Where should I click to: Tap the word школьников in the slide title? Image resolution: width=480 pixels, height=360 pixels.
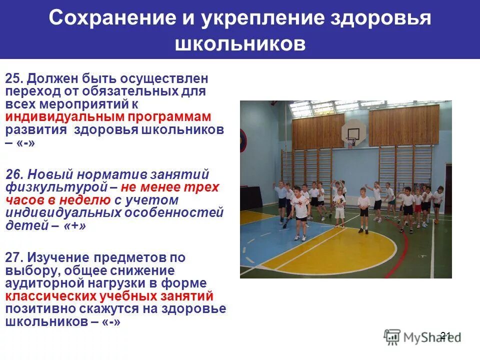pos(240,44)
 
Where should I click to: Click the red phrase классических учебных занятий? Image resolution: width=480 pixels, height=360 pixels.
pos(109,296)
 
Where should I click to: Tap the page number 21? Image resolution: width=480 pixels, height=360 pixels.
pos(446,335)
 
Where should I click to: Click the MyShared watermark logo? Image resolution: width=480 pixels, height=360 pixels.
pos(420,338)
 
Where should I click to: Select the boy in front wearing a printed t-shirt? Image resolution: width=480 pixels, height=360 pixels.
pos(300,207)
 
